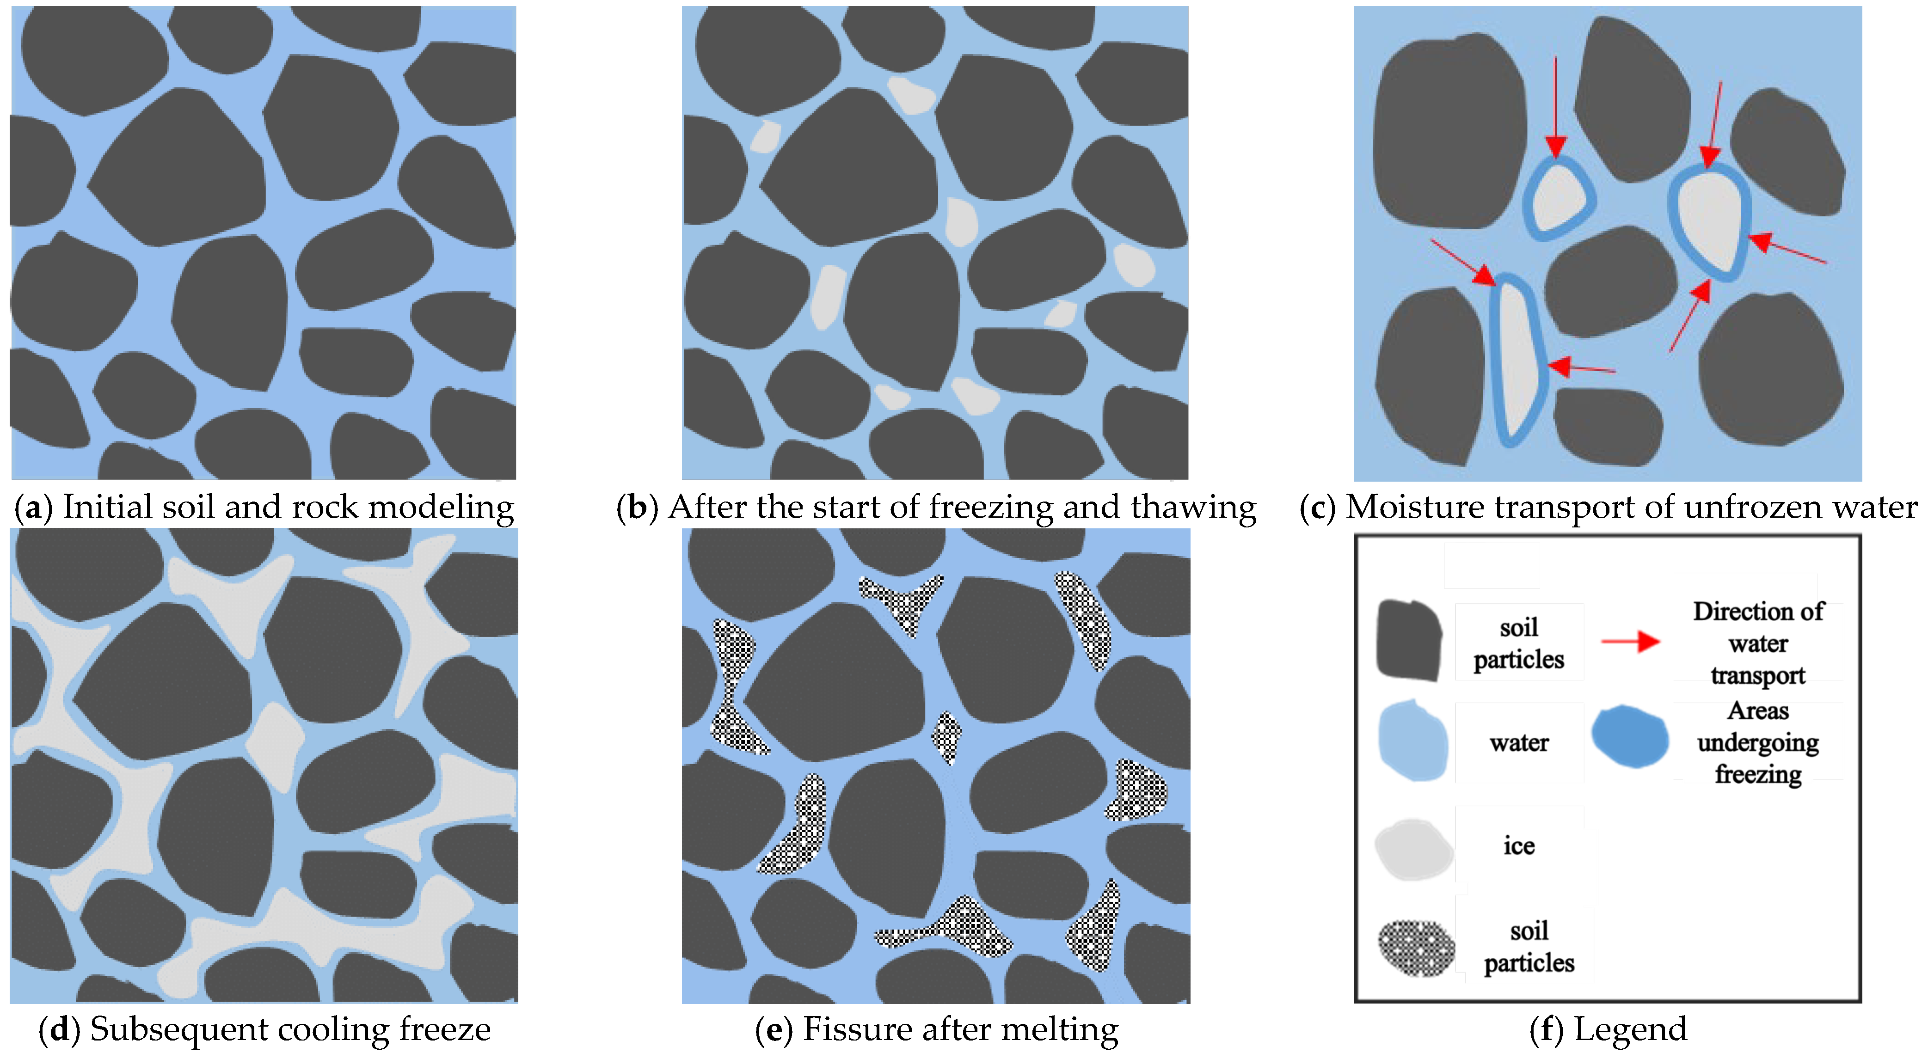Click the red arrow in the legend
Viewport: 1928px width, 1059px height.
1630,642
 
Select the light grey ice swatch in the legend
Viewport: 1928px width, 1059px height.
1413,850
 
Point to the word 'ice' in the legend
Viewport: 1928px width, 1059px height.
1519,846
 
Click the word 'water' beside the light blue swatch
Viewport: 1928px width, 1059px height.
1519,742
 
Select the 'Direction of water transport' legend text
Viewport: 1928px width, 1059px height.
1758,643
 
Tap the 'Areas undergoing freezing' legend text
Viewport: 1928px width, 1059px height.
1758,742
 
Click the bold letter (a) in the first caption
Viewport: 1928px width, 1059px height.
33,508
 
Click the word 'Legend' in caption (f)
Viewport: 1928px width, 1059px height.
1630,1029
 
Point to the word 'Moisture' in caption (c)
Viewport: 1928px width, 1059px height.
1398,508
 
